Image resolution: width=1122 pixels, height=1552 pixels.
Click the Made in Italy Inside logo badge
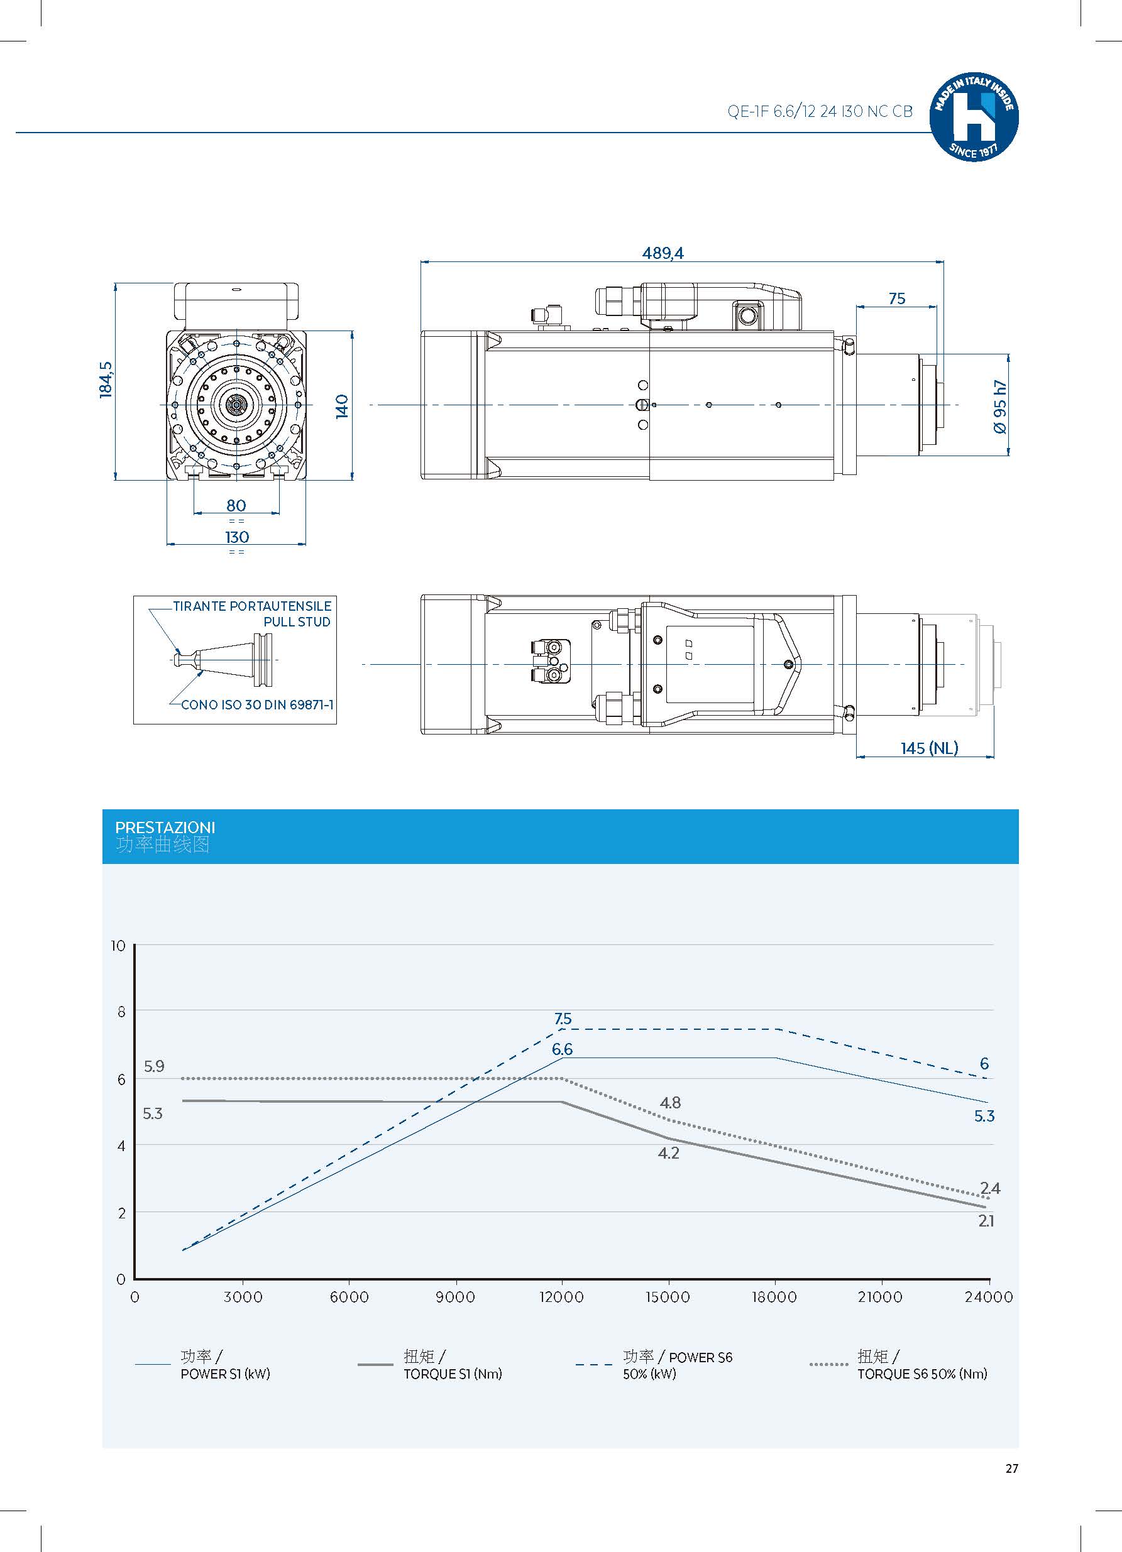pos(974,117)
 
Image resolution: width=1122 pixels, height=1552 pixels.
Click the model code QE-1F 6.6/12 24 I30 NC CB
pos(820,112)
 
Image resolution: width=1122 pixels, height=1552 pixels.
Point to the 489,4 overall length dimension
pos(662,253)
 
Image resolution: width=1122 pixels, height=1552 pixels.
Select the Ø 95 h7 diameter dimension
pos(1000,407)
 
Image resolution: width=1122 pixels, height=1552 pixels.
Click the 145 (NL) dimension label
pos(929,748)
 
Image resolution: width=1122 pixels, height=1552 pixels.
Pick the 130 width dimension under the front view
pos(237,537)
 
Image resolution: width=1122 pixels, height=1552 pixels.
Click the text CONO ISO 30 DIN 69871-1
pos(256,704)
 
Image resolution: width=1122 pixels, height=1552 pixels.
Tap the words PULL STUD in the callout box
pos(297,622)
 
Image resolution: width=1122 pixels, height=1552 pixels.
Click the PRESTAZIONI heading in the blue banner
pos(165,828)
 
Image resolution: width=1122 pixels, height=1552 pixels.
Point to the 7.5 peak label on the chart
pos(563,1019)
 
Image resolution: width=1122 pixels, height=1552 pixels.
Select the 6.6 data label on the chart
pos(562,1049)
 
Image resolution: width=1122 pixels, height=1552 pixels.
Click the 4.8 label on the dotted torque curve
pos(670,1102)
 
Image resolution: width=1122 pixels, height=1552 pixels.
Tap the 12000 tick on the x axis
pos(561,1297)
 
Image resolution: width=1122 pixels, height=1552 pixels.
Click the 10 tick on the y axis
pos(118,946)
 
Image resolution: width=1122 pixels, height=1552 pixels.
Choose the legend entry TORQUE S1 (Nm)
pos(452,1374)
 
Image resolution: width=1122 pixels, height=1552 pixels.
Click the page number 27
pos(1012,1468)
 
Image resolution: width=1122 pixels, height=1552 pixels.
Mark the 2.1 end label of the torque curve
pos(986,1221)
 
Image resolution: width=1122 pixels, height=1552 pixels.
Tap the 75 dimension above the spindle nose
pos(897,298)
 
